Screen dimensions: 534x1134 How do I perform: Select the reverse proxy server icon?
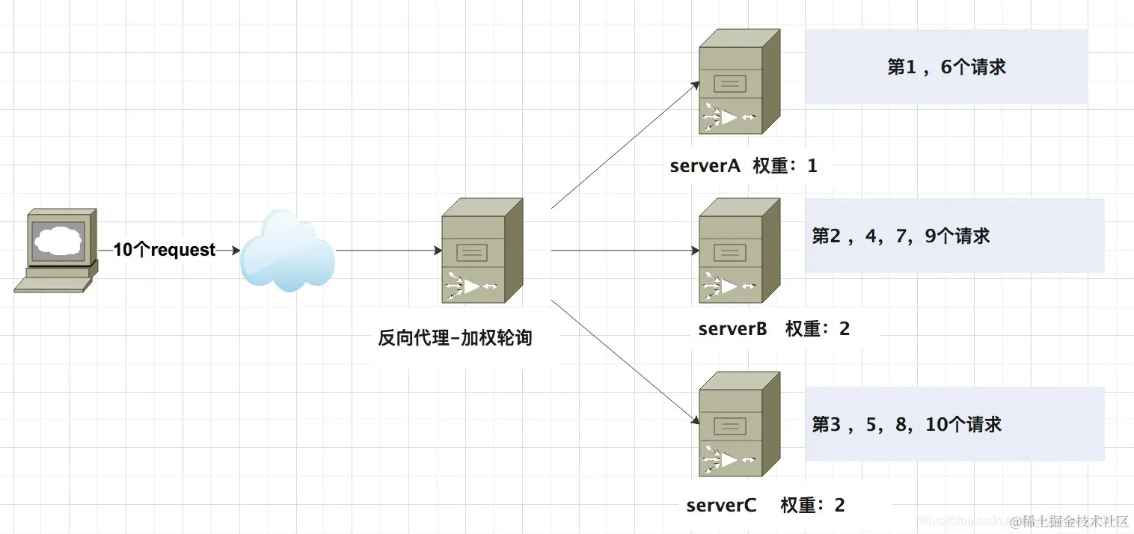(x=481, y=251)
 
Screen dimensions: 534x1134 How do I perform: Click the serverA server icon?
(x=738, y=83)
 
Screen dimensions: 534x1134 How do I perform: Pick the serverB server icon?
(x=738, y=251)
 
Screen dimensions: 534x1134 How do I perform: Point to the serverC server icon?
(x=738, y=424)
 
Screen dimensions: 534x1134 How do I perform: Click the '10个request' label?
(x=165, y=251)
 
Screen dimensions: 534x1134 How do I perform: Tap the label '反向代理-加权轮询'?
(x=455, y=338)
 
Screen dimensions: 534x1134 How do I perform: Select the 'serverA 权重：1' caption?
(x=744, y=166)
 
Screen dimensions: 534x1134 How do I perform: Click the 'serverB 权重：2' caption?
(x=773, y=329)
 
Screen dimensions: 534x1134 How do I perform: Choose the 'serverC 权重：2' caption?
(x=765, y=506)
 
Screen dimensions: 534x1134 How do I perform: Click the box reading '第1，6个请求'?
(x=946, y=67)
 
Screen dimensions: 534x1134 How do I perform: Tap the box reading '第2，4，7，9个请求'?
(x=954, y=236)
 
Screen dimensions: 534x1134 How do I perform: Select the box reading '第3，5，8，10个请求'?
(x=954, y=425)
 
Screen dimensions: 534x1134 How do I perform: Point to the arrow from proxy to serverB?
(x=625, y=251)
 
